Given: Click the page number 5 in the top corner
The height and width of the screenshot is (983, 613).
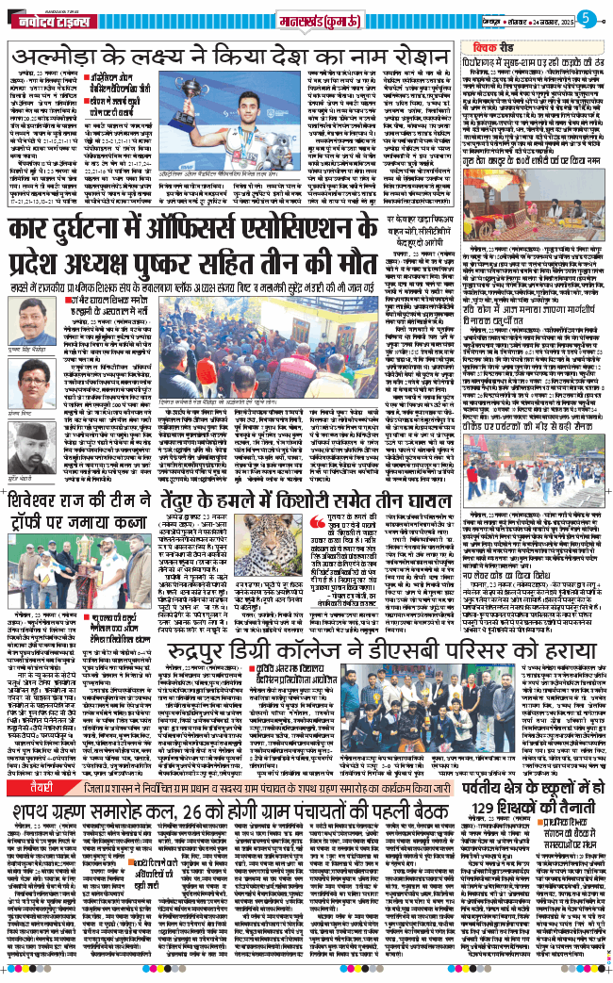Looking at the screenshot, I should (x=586, y=16).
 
